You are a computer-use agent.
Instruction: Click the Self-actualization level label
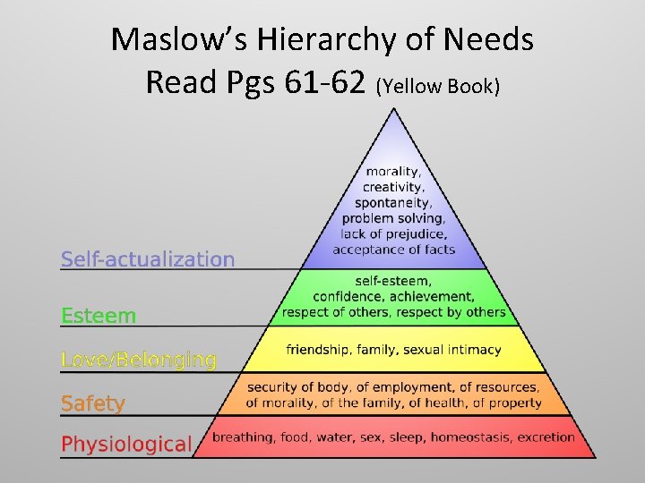pyautogui.click(x=148, y=259)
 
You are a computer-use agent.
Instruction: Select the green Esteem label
pyautogui.click(x=99, y=316)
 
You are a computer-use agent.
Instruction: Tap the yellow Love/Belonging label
pyautogui.click(x=139, y=360)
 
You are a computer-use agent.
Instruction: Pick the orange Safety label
pyautogui.click(x=93, y=403)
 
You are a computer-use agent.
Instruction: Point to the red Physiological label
pyautogui.click(x=126, y=444)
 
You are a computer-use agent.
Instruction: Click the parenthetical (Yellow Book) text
pyautogui.click(x=438, y=86)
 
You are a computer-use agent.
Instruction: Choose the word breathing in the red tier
pyautogui.click(x=242, y=437)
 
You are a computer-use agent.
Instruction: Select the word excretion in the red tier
pyautogui.click(x=546, y=437)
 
